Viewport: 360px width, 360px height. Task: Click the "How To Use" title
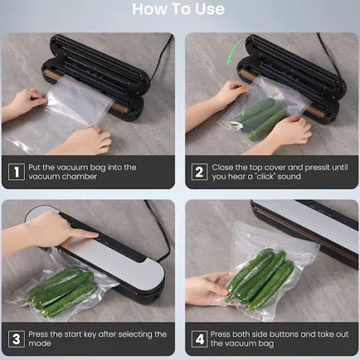pos(178,9)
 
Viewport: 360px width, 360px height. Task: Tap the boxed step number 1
pos(16,172)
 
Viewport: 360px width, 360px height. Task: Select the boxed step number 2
pos(199,172)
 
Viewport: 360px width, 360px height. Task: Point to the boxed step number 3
pos(16,339)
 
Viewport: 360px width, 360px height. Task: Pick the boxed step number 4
pos(199,339)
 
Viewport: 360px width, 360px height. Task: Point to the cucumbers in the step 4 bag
pos(260,279)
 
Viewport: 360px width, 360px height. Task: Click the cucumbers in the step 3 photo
pos(61,291)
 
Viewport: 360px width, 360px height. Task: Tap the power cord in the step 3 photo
pos(159,230)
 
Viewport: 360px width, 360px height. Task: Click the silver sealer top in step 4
pos(306,226)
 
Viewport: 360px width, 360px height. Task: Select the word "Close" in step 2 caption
pos(222,167)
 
